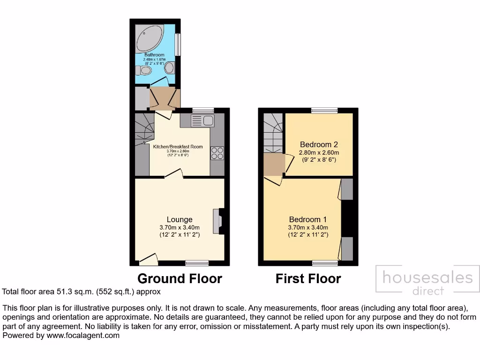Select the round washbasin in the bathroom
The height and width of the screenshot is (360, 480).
click(x=169, y=68)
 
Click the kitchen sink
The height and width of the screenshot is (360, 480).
click(x=202, y=121)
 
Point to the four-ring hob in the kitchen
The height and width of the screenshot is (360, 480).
click(x=217, y=153)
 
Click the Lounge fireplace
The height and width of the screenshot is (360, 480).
click(x=218, y=221)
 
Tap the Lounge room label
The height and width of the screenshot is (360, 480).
click(x=180, y=219)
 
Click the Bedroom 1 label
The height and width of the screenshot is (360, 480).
click(x=307, y=219)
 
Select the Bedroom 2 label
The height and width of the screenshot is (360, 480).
click(x=319, y=144)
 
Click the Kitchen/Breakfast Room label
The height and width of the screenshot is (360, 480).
click(x=178, y=147)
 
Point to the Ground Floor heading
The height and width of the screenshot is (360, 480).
click(x=180, y=278)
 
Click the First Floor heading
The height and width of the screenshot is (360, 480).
click(x=308, y=278)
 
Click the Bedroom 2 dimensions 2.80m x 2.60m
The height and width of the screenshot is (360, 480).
click(x=319, y=153)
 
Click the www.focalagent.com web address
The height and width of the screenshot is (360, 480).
click(x=82, y=336)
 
